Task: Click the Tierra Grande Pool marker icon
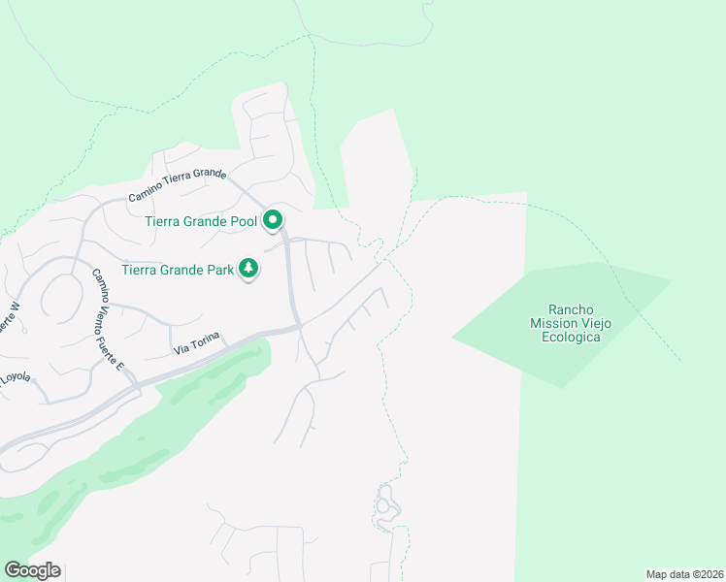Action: click(x=273, y=221)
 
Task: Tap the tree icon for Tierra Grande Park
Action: click(x=249, y=269)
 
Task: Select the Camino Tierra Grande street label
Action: click(x=177, y=185)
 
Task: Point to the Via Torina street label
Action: click(x=197, y=342)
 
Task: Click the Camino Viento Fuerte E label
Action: click(x=108, y=319)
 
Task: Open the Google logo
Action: click(x=32, y=570)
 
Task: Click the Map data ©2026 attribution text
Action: click(x=684, y=574)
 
